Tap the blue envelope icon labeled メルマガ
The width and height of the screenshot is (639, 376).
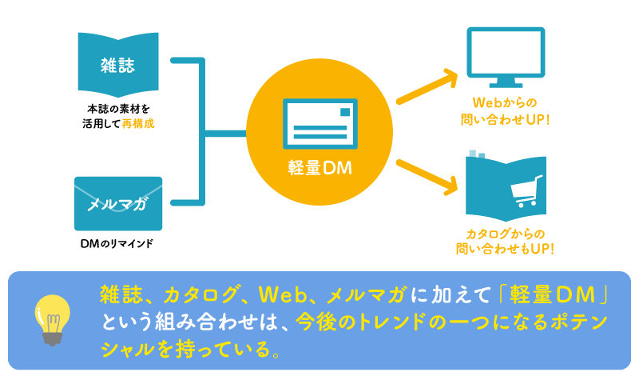[x=118, y=203]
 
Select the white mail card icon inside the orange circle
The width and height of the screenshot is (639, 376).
[x=319, y=122]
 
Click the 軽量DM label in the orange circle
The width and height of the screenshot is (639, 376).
[x=319, y=169]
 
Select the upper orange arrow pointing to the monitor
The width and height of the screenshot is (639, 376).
[x=427, y=86]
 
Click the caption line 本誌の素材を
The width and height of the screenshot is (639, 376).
[x=117, y=109]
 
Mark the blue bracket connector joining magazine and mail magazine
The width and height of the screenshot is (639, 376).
[x=203, y=130]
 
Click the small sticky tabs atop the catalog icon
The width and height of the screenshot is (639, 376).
[x=477, y=154]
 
